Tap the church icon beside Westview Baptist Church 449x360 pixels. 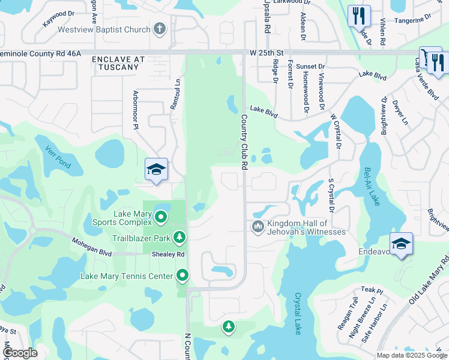click(160, 28)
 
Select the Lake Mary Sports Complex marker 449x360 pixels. click(160, 217)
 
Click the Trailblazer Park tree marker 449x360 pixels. click(179, 238)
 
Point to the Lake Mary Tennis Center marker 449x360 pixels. click(182, 276)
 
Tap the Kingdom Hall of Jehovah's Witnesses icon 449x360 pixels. click(258, 226)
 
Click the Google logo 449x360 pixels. click(19, 353)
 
